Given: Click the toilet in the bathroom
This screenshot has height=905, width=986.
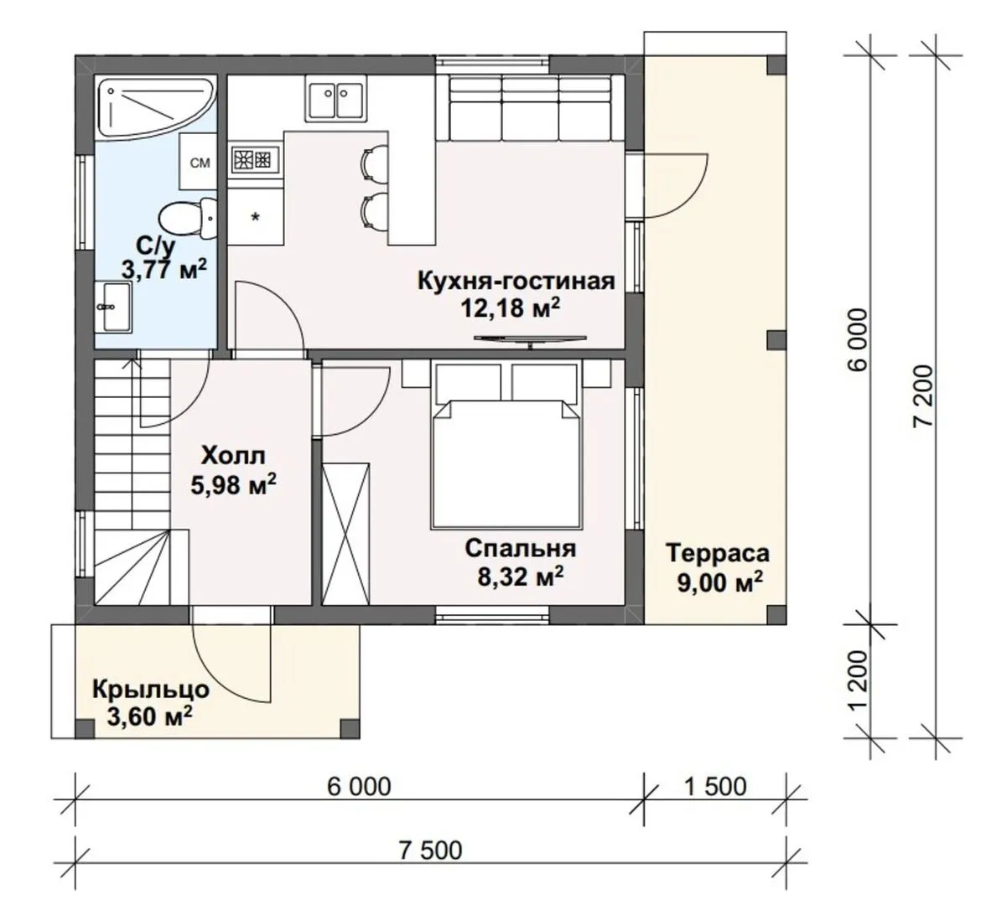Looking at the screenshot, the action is [188, 218].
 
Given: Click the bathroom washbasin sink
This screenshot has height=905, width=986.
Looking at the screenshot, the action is [114, 307].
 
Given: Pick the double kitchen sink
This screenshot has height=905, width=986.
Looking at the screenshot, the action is [335, 97].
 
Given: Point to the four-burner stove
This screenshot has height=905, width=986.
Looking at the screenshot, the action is [255, 159].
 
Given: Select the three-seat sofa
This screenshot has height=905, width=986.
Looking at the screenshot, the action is [531, 107].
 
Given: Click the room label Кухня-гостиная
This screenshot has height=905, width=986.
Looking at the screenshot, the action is [516, 280].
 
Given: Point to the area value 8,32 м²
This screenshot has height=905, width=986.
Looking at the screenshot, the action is [520, 577].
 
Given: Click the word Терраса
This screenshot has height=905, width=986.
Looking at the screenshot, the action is [718, 553].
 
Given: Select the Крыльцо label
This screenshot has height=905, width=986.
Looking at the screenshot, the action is [151, 690].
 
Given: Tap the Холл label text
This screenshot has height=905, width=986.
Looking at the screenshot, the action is [233, 455].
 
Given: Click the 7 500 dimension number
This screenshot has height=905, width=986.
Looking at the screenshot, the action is [430, 851].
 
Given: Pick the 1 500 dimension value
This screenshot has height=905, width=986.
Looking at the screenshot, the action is [716, 786].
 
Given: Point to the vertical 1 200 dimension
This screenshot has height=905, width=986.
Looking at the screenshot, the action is [858, 680].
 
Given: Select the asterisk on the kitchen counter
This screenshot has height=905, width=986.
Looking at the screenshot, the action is [255, 218].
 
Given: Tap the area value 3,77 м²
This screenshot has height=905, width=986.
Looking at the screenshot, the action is [164, 270].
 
